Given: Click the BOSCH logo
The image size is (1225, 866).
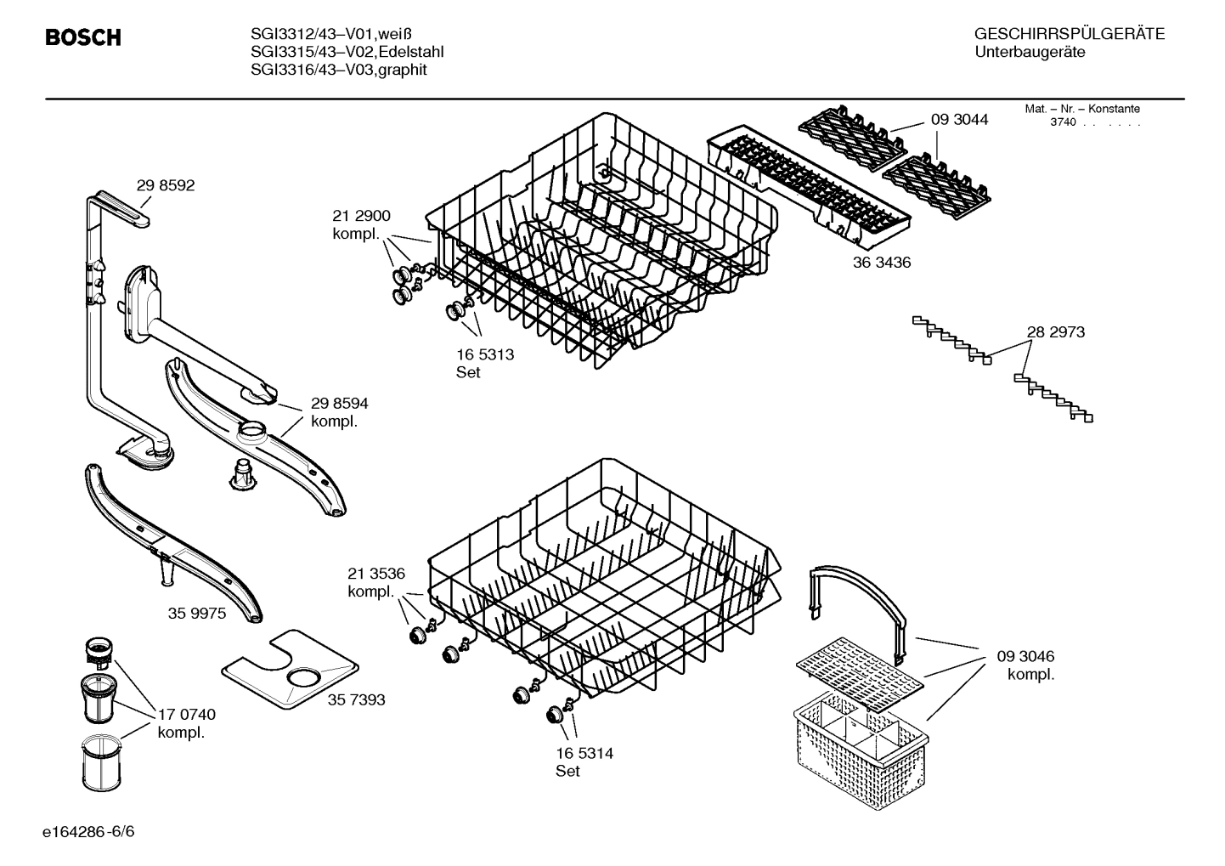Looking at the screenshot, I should pos(82,38).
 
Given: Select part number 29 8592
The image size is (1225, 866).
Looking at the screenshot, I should pos(166,185).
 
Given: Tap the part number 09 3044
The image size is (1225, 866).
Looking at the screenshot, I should pos(959,120).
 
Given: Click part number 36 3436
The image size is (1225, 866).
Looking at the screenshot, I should pos(881,263).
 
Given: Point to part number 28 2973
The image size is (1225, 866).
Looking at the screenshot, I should pos(1055,332).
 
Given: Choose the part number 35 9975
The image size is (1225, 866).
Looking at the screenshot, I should pos(197,613).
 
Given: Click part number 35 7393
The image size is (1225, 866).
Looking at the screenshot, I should pos(356,699).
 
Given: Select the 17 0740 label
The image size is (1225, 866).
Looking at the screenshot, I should pos(187,715).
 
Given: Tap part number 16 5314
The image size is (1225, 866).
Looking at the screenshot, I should pos(584,753).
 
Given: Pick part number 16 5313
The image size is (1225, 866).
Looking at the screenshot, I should pos(485,354).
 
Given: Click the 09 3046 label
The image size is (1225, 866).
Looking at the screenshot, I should pos(1025,656).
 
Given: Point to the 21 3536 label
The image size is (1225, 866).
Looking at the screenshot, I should pos(376,573).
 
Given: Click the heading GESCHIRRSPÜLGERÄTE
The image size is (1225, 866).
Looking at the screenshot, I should pos(1069,35).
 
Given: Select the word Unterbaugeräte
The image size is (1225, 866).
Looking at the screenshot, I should pos(1030,53).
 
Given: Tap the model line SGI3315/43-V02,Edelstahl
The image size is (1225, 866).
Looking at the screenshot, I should pos(347,52).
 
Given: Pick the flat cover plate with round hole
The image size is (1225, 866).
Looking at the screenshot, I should pos(289,671).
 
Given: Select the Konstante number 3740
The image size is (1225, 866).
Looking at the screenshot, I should pos(1063,122).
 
